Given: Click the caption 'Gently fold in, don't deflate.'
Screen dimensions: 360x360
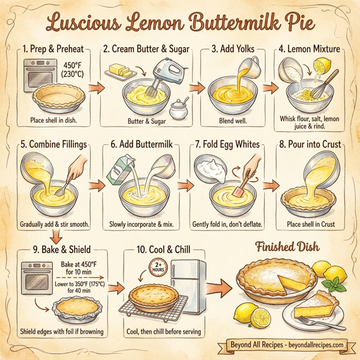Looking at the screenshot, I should (229, 224).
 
